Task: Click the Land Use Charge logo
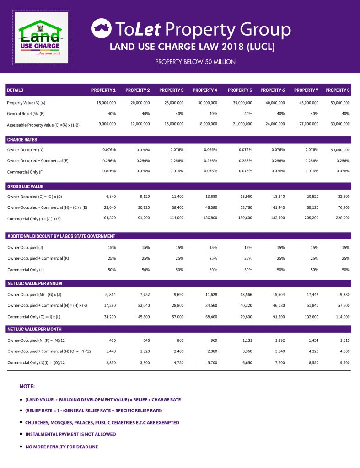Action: click(x=41, y=38)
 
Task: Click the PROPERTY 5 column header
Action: click(x=240, y=90)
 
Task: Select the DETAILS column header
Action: click(x=15, y=90)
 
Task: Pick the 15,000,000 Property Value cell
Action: click(x=106, y=103)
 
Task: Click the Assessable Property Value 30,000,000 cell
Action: click(x=340, y=124)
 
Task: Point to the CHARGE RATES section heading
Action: click(x=22, y=140)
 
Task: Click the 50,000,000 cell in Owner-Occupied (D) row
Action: click(x=340, y=150)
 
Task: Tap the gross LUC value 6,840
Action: click(x=110, y=197)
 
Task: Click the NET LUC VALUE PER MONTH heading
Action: click(x=34, y=329)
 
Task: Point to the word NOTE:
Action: click(x=27, y=386)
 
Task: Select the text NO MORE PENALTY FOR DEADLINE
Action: click(x=62, y=447)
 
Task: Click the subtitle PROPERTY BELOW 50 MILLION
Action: click(x=195, y=62)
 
